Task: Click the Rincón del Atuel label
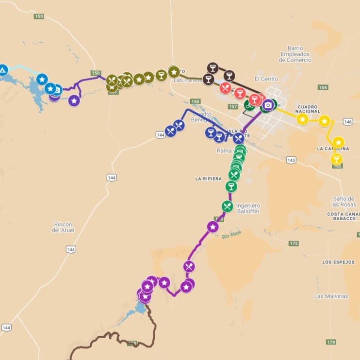click(x=62, y=227)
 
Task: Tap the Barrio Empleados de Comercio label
click(x=298, y=54)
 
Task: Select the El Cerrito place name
click(x=266, y=79)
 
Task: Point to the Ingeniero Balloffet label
click(x=248, y=208)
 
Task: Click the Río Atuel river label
click(x=231, y=235)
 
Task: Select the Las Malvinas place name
click(x=331, y=296)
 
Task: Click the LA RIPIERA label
click(x=209, y=179)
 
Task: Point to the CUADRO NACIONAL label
click(x=309, y=109)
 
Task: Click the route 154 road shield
click(x=323, y=87)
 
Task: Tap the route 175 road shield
click(x=294, y=244)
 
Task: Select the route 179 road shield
click(x=331, y=342)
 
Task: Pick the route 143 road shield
click(x=291, y=160)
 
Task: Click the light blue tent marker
click(x=2, y=70)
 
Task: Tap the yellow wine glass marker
click(x=336, y=159)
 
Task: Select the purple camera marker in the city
click(x=268, y=105)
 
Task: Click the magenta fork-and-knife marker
click(x=189, y=266)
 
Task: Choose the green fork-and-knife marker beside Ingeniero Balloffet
click(x=227, y=206)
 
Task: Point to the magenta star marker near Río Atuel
click(x=213, y=227)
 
